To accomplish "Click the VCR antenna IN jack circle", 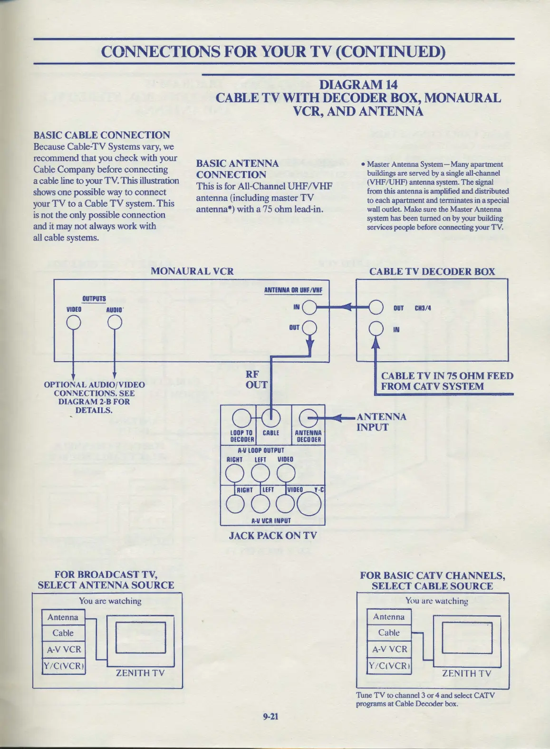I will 309,308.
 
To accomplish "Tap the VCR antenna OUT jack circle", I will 309,328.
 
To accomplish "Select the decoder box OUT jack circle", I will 376,308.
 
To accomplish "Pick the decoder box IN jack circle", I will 376,328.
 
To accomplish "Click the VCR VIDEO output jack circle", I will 73,323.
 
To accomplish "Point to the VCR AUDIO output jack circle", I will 115,323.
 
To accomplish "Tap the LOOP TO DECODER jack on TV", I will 241,418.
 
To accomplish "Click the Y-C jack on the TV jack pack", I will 309,504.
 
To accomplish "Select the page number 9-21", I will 270,716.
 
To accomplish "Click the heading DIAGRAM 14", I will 358,85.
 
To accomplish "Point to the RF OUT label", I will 256,380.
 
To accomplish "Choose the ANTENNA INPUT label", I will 381,422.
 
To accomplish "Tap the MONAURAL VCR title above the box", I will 192,271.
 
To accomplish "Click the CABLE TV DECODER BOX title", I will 432,272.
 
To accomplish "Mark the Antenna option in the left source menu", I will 63,617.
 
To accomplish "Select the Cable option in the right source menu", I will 389,633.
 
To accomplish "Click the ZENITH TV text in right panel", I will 466,673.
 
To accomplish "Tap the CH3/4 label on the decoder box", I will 423,308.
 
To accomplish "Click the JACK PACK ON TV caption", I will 273,536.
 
